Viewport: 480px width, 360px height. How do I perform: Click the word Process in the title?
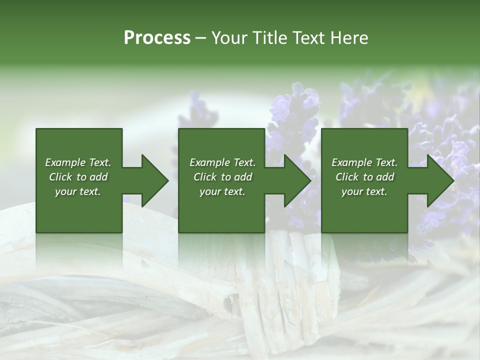pos(157,38)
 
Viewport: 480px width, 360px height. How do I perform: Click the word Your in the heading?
pos(229,38)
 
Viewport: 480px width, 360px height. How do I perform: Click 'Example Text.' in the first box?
pos(78,162)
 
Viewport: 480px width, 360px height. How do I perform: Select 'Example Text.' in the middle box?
pos(222,162)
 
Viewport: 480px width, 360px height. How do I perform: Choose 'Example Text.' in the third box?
pos(364,162)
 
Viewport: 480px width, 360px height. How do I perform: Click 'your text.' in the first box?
pos(78,191)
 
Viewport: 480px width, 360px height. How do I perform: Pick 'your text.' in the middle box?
pos(222,191)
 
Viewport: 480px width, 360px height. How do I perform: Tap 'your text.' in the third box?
pos(364,191)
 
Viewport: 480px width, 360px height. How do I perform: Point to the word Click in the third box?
pos(347,177)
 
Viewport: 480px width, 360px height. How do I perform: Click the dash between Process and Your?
pos(201,38)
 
